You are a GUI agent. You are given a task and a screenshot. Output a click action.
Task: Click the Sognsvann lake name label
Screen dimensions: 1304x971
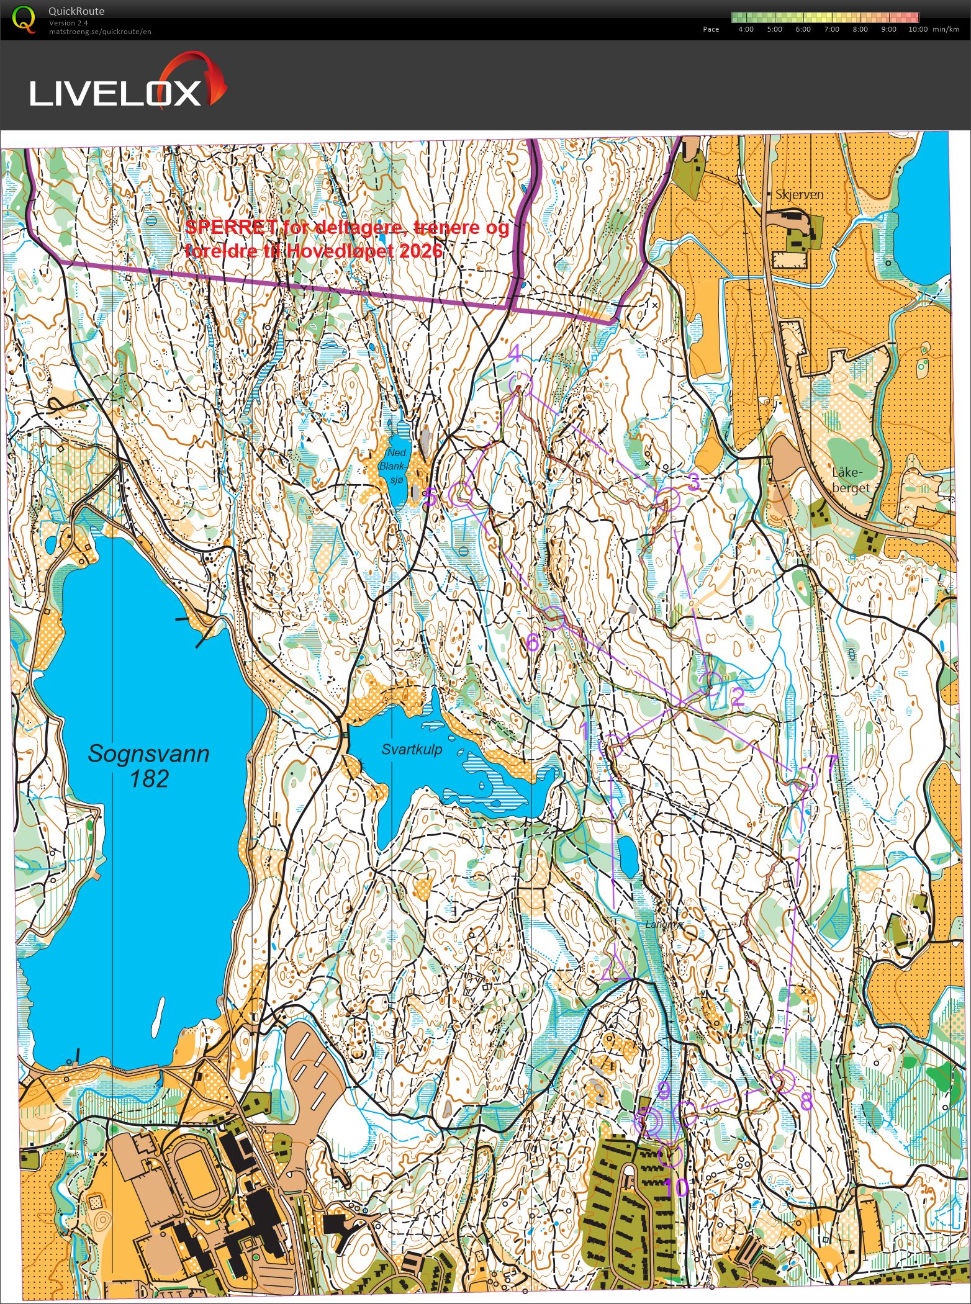[148, 753]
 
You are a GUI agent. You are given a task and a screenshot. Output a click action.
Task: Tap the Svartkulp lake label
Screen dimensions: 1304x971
[412, 749]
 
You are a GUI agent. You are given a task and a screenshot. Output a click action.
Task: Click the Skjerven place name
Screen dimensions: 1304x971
[799, 194]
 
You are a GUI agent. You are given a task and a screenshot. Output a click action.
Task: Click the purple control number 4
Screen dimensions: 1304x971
[515, 354]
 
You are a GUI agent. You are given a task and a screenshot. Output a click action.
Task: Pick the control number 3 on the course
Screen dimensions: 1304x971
[694, 481]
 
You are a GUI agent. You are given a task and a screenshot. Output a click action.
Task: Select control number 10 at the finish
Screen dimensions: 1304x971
[676, 1188]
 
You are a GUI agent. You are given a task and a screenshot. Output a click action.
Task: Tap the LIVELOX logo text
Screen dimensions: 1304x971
[115, 93]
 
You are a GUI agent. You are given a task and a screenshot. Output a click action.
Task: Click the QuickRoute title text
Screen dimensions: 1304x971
[76, 11]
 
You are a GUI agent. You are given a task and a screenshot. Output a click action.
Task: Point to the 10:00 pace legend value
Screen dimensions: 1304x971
[918, 29]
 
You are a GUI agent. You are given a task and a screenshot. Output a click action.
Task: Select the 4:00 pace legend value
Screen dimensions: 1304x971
[746, 29]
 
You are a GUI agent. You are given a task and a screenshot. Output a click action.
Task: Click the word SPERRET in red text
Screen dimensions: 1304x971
[231, 227]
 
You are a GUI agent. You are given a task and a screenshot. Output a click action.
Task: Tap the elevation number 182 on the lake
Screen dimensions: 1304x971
[149, 778]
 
